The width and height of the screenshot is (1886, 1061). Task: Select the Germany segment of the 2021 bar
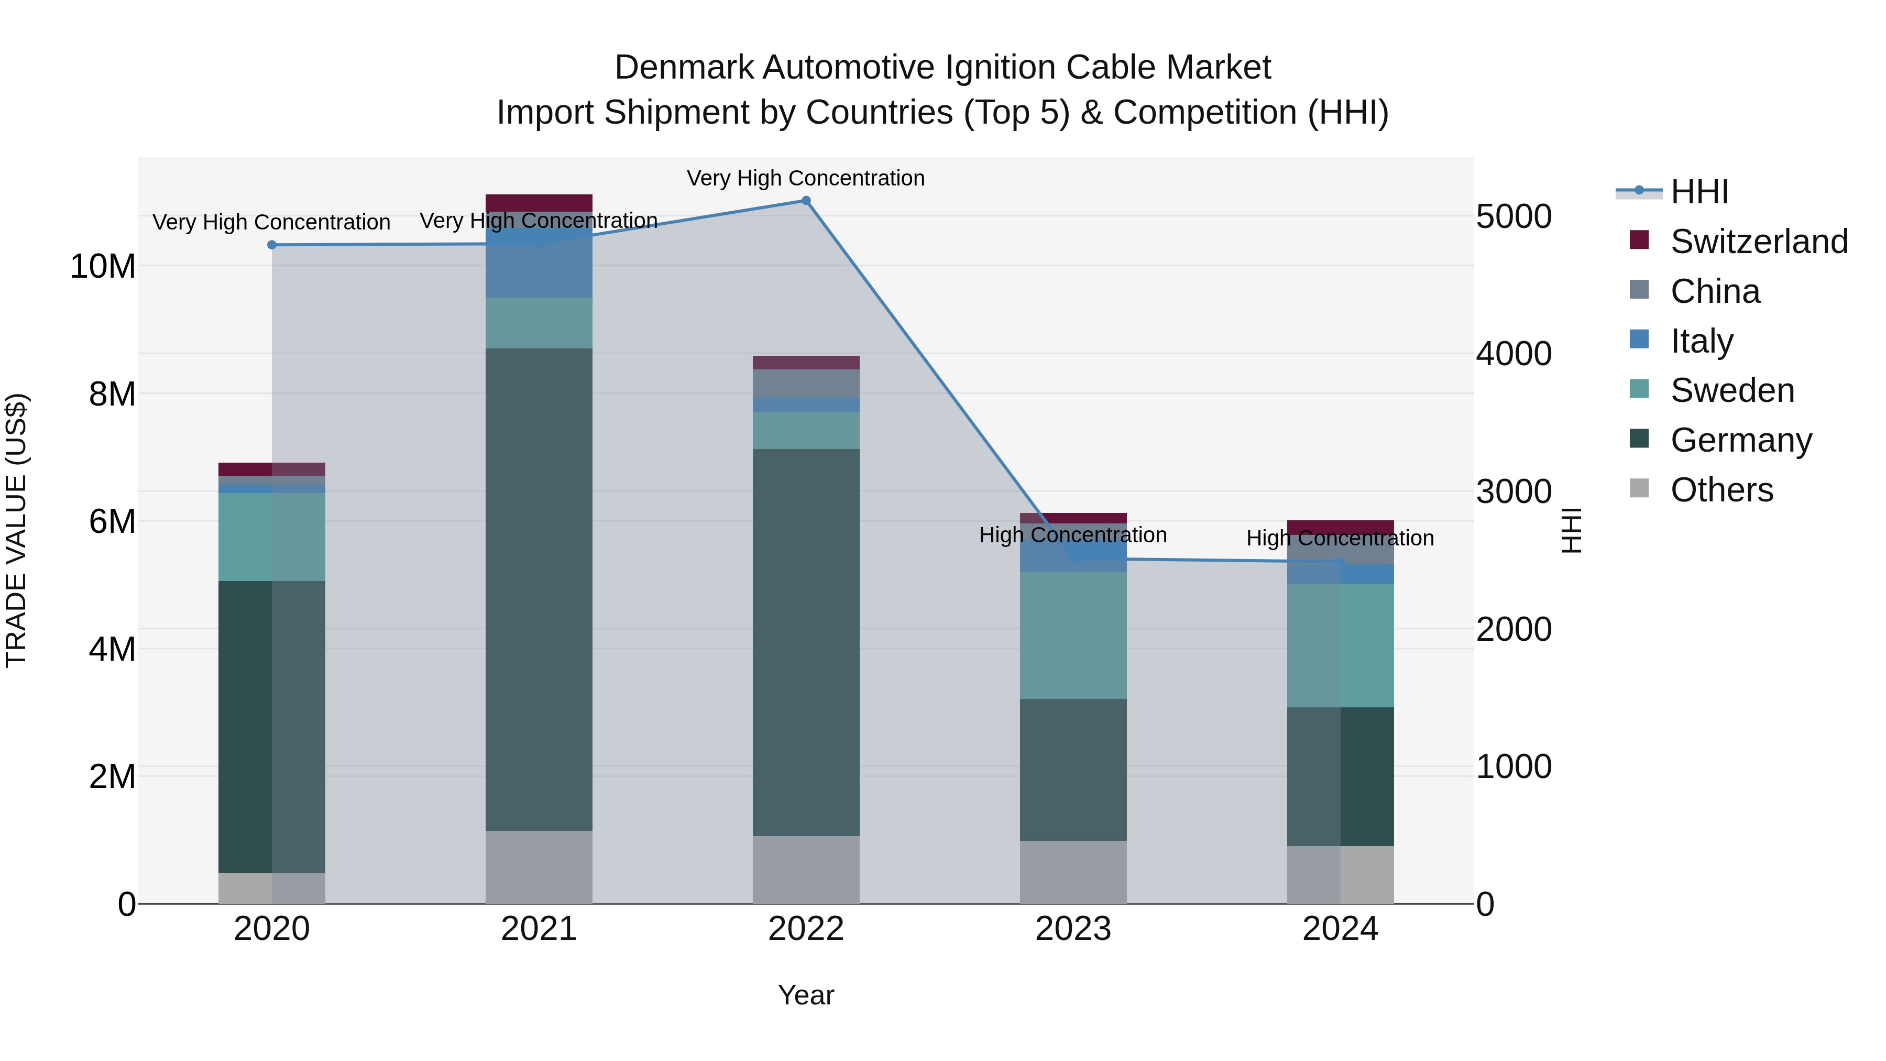(539, 589)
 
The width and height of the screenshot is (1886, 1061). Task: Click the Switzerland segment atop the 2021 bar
(539, 203)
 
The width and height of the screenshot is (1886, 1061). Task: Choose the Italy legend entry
(1702, 341)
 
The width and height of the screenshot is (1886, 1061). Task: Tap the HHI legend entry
(1698, 192)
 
